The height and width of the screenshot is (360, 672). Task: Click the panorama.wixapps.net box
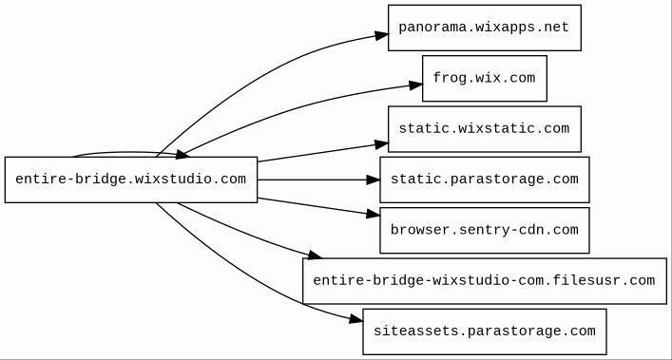pyautogui.click(x=485, y=28)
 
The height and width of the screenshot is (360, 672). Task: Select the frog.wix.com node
pyautogui.click(x=485, y=78)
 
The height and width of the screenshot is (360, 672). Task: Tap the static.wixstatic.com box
pyautogui.click(x=485, y=129)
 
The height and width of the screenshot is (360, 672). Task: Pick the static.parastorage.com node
pyautogui.click(x=485, y=180)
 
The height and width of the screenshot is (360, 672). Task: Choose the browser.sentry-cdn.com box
pyautogui.click(x=485, y=230)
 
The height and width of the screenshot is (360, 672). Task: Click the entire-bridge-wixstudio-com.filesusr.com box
pyautogui.click(x=485, y=281)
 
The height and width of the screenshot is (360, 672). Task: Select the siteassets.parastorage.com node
pyautogui.click(x=485, y=332)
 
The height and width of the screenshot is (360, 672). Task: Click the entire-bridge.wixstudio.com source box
pyautogui.click(x=131, y=180)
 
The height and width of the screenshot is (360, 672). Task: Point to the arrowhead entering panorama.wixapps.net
pyautogui.click(x=382, y=35)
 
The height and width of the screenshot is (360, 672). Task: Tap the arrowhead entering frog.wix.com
pyautogui.click(x=415, y=85)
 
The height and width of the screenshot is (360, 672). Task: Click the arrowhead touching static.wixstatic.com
pyautogui.click(x=381, y=144)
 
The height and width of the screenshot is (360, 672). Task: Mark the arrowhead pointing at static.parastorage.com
pyautogui.click(x=374, y=180)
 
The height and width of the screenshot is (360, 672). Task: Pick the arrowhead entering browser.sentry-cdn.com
pyautogui.click(x=374, y=214)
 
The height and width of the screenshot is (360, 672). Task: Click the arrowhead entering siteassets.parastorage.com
pyautogui.click(x=356, y=319)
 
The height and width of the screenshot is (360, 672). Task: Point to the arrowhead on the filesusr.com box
pyautogui.click(x=315, y=256)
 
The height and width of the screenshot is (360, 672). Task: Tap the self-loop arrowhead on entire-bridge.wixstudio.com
pyautogui.click(x=182, y=155)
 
